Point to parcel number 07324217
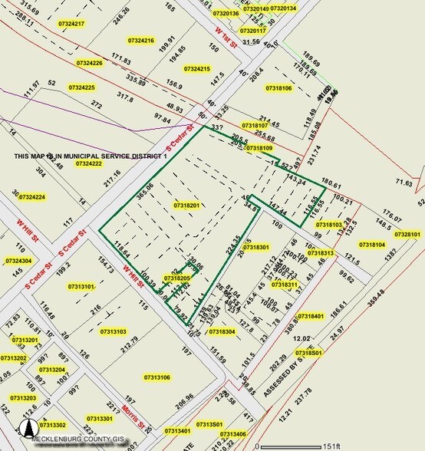coord(70,24)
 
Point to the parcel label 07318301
coord(254,247)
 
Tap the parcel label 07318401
coord(311,316)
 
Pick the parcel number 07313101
coord(81,286)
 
